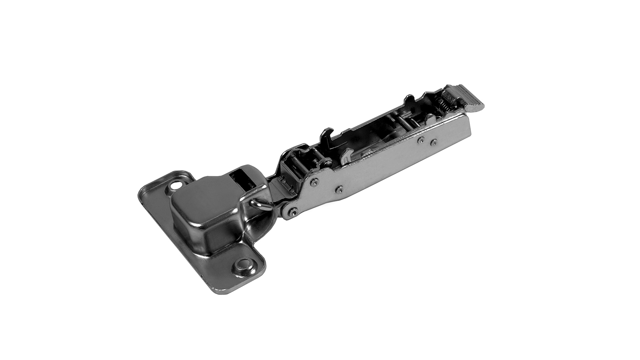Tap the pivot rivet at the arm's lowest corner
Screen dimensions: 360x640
(292, 212)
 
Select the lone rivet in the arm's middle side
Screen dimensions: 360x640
(339, 190)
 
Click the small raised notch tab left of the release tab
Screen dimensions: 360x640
(409, 99)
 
